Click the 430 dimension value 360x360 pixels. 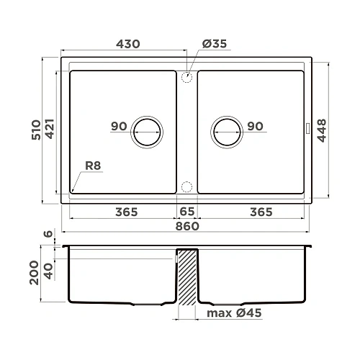127,44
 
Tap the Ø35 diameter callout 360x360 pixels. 215,44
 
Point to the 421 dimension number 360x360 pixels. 50,130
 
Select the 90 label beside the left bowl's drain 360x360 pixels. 119,127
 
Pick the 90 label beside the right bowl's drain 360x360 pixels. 255,127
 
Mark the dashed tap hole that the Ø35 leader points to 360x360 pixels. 187,75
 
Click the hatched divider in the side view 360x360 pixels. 187,277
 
